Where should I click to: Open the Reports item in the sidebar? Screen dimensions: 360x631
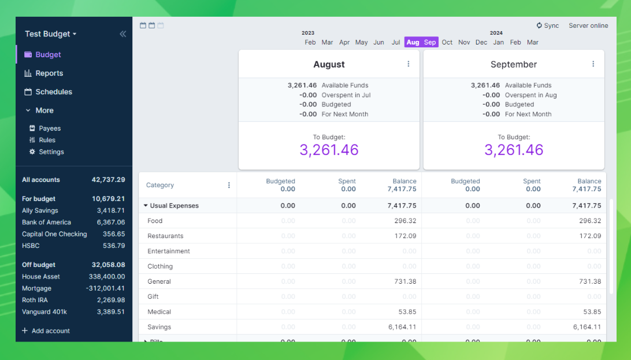(x=49, y=73)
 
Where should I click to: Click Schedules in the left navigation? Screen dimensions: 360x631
(x=54, y=92)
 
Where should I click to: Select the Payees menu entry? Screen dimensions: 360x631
(x=50, y=128)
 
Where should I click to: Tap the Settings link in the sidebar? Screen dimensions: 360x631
(x=51, y=152)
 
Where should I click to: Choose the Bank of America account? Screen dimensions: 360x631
(x=47, y=222)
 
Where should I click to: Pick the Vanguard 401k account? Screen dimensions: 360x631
(x=44, y=312)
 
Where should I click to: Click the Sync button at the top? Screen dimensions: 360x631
(x=548, y=25)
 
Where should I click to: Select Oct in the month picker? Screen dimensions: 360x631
(x=447, y=42)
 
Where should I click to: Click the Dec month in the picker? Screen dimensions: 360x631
(x=481, y=42)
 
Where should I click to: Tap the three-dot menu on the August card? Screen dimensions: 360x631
(x=409, y=64)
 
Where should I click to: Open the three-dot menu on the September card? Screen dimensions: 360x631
(x=593, y=64)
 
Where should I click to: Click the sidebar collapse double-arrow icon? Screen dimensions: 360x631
(x=123, y=34)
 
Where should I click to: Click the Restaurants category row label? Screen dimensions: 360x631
(x=165, y=236)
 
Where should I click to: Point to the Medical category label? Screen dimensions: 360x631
(x=159, y=312)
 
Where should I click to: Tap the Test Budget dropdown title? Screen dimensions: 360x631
(x=50, y=34)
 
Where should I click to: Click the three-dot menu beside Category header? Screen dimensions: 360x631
(x=229, y=185)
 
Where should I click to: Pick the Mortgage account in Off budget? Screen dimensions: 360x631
(x=37, y=288)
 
